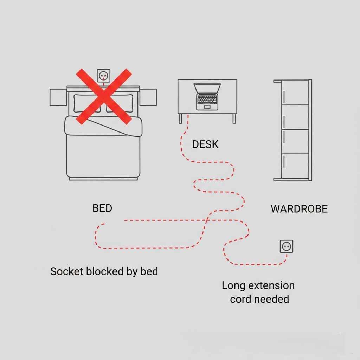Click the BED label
[102, 208]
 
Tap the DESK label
[205, 144]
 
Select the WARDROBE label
[299, 209]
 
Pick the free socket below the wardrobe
[286, 246]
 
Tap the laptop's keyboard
[207, 100]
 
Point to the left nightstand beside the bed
[58, 97]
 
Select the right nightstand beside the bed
[148, 97]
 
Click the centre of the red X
[104, 96]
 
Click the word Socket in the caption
[67, 271]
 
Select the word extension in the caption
[271, 285]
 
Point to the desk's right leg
[234, 118]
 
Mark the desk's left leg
[180, 118]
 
